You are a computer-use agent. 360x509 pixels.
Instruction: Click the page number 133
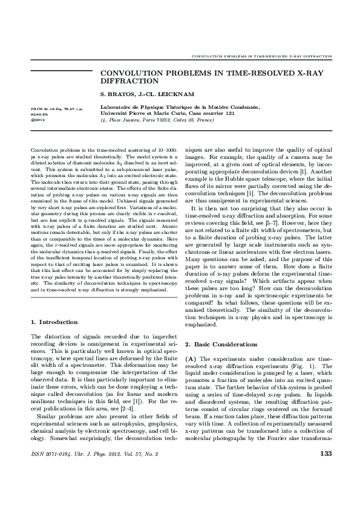coord(326,470)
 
